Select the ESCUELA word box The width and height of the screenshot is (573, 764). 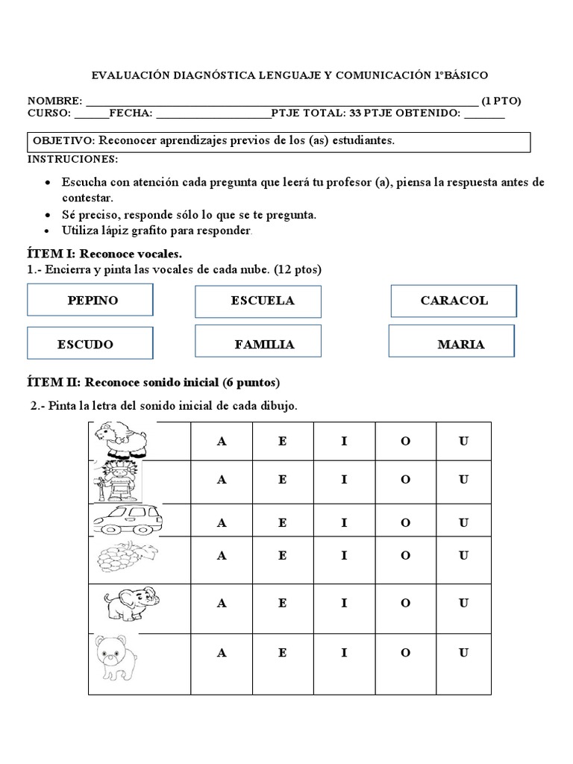[258, 301]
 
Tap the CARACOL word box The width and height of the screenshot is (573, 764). [454, 301]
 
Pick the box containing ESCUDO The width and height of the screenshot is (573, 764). [90, 344]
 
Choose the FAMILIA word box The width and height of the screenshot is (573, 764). [258, 344]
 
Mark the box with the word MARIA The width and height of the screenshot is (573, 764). [452, 344]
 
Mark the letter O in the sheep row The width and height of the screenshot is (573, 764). [405, 440]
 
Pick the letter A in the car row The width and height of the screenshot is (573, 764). [221, 523]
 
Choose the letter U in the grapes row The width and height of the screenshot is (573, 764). [463, 555]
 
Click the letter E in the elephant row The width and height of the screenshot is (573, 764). [282, 603]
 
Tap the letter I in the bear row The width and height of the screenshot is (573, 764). [344, 653]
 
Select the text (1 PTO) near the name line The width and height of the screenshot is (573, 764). [501, 101]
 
